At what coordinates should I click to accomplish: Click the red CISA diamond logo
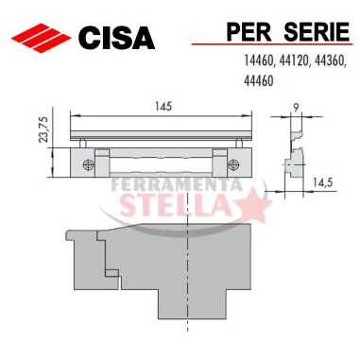point(41,38)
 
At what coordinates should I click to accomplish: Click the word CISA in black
point(116,38)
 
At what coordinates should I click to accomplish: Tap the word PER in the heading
point(249,31)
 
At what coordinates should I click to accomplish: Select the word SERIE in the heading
point(317,31)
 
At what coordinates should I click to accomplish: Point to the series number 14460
point(260,60)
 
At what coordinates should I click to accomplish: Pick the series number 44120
point(295,60)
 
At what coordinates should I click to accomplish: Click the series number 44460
point(259,81)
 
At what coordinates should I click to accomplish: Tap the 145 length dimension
point(163,107)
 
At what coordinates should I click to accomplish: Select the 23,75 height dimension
point(43,129)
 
